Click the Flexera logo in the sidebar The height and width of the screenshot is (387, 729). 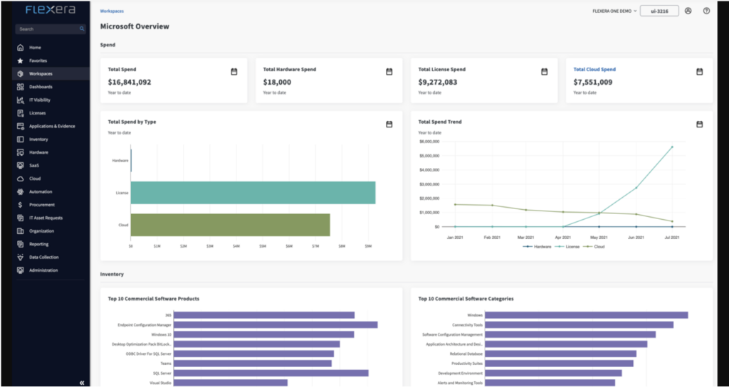click(x=50, y=11)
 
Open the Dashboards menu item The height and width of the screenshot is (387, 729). click(x=40, y=87)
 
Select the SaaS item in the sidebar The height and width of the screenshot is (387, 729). click(x=34, y=165)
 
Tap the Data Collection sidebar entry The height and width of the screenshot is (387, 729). click(x=43, y=257)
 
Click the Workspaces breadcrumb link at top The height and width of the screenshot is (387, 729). click(x=112, y=11)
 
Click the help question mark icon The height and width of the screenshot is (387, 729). click(x=706, y=11)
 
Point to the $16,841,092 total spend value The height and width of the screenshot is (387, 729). click(x=130, y=82)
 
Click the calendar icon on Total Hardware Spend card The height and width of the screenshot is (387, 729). click(x=389, y=71)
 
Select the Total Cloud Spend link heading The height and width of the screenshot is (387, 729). click(x=594, y=70)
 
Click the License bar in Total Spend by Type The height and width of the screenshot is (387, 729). click(x=253, y=193)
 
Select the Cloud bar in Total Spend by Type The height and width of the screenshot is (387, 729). click(x=230, y=225)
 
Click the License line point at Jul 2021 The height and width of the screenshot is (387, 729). click(x=671, y=147)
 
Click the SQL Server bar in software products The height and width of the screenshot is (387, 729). click(x=271, y=373)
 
